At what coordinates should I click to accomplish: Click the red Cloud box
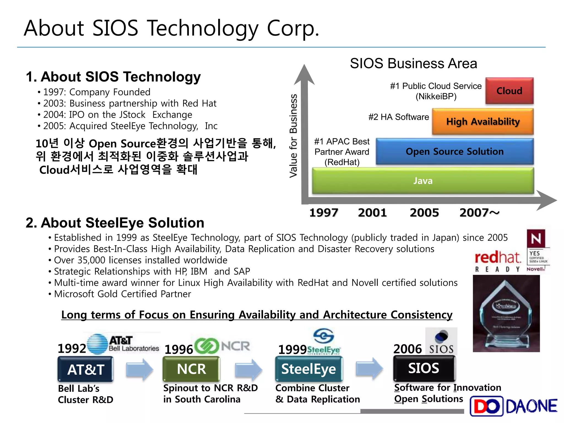click(509, 91)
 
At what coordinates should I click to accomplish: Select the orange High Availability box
click(482, 121)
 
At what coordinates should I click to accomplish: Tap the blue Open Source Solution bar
click(454, 151)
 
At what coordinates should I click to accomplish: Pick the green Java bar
click(423, 181)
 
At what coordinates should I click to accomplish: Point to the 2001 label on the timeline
click(372, 213)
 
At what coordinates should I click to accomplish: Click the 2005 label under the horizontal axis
click(424, 213)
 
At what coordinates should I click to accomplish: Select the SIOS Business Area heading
click(413, 64)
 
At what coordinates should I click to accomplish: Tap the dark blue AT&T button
click(86, 369)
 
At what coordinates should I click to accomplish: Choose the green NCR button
click(191, 369)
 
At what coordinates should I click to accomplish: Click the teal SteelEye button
click(309, 369)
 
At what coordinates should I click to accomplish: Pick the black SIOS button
click(424, 368)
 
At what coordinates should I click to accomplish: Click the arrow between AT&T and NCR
click(139, 370)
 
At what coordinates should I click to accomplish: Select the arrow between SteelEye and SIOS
click(369, 368)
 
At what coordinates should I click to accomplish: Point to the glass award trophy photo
click(506, 314)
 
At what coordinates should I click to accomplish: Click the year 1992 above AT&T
click(72, 349)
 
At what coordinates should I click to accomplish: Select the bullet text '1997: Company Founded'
click(96, 92)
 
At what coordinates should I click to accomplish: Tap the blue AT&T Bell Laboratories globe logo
click(97, 344)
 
